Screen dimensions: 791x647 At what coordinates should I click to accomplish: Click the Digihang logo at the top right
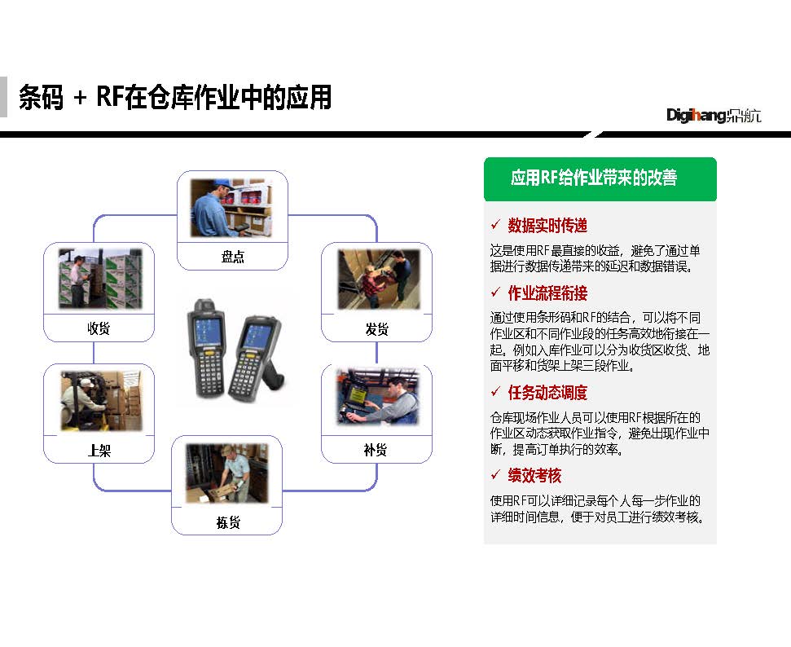pyautogui.click(x=714, y=116)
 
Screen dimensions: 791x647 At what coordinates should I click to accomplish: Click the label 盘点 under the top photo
pyautogui.click(x=232, y=257)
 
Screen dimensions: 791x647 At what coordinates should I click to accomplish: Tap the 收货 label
pyautogui.click(x=99, y=328)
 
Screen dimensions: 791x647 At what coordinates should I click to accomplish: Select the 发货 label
pyautogui.click(x=377, y=329)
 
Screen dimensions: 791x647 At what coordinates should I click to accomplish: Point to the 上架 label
pyautogui.click(x=99, y=450)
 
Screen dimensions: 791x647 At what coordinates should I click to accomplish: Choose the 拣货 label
pyautogui.click(x=228, y=522)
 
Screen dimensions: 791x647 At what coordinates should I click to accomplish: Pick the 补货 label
pyautogui.click(x=376, y=450)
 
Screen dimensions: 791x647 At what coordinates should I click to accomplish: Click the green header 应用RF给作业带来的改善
pyautogui.click(x=593, y=178)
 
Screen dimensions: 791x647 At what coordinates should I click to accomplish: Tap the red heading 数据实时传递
pyautogui.click(x=547, y=226)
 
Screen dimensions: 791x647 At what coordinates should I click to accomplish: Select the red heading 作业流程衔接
pyautogui.click(x=547, y=293)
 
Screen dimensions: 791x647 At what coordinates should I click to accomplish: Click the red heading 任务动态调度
pyautogui.click(x=547, y=393)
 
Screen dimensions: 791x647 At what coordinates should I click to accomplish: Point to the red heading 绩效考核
pyautogui.click(x=534, y=475)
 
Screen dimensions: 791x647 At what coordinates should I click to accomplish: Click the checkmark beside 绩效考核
pyautogui.click(x=495, y=474)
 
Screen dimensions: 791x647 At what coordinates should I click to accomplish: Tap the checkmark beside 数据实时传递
pyautogui.click(x=495, y=225)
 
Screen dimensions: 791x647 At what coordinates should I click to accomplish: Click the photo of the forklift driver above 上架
pyautogui.click(x=101, y=401)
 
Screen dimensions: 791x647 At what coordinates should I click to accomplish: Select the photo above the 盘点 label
pyautogui.click(x=231, y=208)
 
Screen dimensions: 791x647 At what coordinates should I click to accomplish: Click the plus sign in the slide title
pyautogui.click(x=80, y=98)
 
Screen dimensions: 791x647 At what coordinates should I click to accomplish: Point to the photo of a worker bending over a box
pyautogui.click(x=227, y=473)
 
